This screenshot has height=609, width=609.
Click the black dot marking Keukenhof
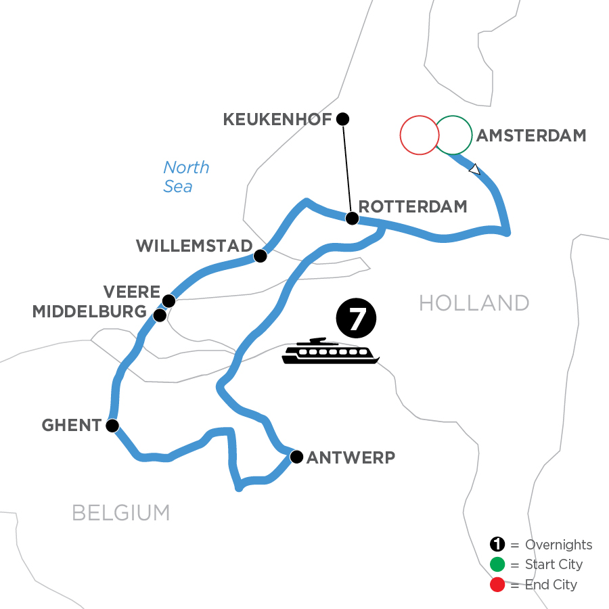(342, 119)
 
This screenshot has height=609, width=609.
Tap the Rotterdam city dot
(352, 218)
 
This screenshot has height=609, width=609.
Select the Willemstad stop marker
(259, 256)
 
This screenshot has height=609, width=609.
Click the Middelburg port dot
(160, 315)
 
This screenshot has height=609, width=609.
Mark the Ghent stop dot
(112, 426)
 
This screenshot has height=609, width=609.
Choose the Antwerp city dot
(296, 457)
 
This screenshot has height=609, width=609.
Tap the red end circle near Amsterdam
(419, 135)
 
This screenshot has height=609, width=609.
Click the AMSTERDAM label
(531, 135)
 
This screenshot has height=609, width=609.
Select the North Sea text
(185, 177)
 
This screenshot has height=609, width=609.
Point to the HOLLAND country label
(474, 302)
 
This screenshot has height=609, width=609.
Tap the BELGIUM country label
(121, 513)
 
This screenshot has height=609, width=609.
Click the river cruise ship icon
(331, 351)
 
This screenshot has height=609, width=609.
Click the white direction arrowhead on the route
(475, 169)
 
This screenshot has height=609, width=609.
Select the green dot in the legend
(497, 564)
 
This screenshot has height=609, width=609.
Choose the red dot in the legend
(497, 584)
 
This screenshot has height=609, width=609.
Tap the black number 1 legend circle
(497, 545)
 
